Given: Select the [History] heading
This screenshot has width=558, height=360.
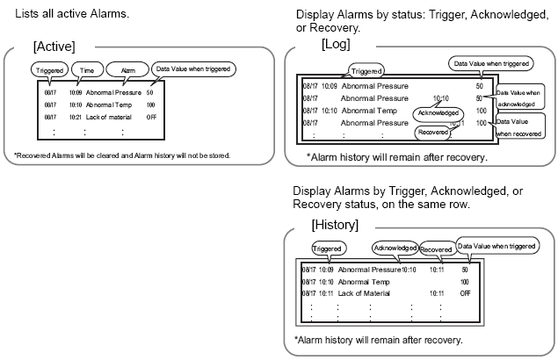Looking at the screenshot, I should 334,225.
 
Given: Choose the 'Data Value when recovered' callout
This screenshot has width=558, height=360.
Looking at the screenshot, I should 521,126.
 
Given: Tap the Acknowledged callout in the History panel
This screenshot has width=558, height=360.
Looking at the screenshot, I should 394,248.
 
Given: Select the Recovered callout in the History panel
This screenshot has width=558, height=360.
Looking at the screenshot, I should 437,249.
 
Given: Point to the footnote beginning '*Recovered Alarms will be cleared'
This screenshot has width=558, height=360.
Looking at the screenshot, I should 122,155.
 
